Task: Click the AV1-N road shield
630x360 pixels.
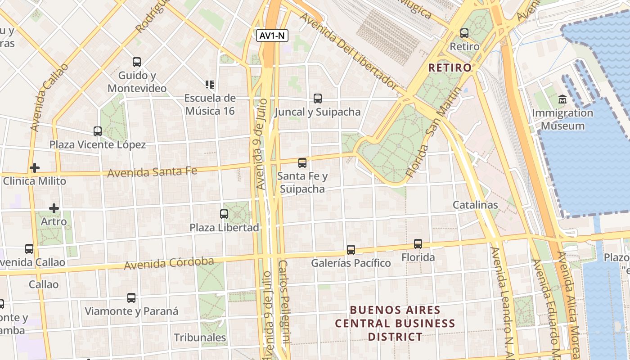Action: click(x=272, y=36)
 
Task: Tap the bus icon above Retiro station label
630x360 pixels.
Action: click(x=464, y=33)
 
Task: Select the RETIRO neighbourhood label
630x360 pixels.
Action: click(x=450, y=68)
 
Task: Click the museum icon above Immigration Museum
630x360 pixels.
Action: click(x=562, y=99)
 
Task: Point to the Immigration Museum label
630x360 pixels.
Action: click(x=562, y=119)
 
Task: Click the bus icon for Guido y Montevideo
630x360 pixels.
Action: click(x=137, y=62)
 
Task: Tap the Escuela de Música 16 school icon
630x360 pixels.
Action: click(x=209, y=84)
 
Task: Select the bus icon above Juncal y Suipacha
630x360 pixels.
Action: click(x=318, y=98)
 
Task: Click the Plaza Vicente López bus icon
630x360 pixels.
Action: click(x=98, y=131)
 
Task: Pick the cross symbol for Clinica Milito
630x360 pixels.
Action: click(x=35, y=168)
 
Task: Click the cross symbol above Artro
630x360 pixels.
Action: click(x=54, y=208)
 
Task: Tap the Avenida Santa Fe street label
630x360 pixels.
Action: click(x=152, y=171)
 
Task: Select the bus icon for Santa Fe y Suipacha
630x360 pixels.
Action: click(x=302, y=162)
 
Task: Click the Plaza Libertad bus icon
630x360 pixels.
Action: click(x=224, y=214)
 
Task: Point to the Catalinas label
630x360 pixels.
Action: click(x=475, y=205)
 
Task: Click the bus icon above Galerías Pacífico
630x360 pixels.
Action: click(x=351, y=249)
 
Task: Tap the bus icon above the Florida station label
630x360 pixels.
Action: click(x=418, y=244)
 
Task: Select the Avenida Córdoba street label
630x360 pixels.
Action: click(x=169, y=263)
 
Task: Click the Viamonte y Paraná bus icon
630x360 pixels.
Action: click(x=131, y=298)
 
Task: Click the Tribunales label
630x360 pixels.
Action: click(x=200, y=337)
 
